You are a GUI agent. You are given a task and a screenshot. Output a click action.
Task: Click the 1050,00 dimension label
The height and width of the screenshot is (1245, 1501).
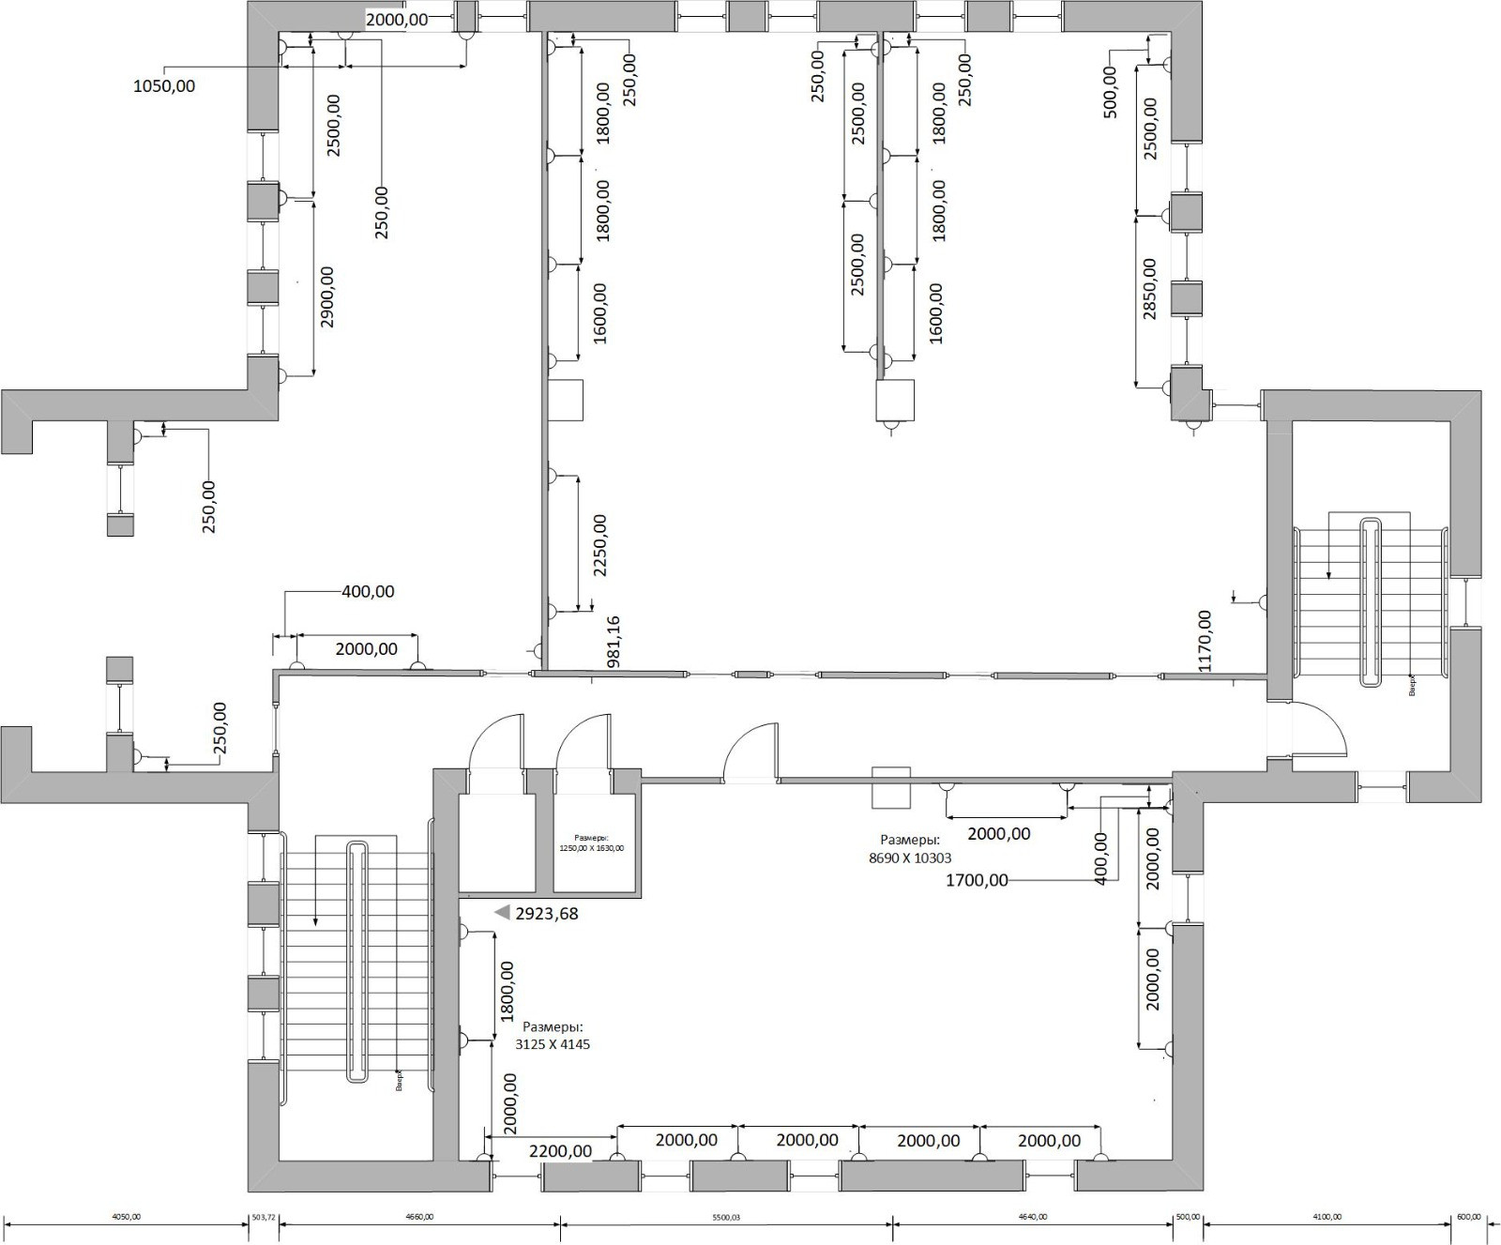tap(165, 86)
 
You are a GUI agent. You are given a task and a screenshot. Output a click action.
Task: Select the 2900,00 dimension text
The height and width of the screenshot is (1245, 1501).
tap(327, 296)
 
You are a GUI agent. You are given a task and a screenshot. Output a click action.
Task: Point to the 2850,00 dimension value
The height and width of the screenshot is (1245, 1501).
tap(1150, 289)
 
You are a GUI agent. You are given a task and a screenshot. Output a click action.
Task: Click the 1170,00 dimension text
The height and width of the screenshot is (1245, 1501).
tap(1205, 640)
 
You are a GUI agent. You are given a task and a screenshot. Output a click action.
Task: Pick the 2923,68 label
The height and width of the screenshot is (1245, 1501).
tap(547, 913)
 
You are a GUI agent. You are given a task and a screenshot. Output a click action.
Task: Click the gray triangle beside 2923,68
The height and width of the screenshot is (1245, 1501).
tap(502, 912)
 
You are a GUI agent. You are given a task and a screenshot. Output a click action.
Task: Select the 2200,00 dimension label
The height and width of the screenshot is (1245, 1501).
tap(560, 1151)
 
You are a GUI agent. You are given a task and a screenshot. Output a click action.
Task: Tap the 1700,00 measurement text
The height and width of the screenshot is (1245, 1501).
tap(977, 880)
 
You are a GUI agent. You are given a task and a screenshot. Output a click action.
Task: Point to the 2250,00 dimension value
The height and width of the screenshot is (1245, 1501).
tap(600, 545)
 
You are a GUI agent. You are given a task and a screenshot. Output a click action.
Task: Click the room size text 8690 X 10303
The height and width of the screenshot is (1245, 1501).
tap(910, 858)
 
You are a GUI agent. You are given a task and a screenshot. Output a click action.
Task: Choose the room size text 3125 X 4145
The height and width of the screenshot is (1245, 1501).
tap(553, 1043)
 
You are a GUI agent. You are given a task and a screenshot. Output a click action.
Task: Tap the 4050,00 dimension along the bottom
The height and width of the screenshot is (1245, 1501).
tap(126, 1217)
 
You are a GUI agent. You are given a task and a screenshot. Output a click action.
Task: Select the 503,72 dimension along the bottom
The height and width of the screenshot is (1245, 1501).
tap(265, 1217)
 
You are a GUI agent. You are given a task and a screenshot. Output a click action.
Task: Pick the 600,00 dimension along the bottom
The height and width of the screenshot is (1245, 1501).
tap(1468, 1217)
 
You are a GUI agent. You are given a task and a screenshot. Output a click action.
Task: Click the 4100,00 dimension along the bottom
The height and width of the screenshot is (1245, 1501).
tap(1327, 1217)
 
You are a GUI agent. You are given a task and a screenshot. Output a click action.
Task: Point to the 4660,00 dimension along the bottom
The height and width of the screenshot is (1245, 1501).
tap(419, 1217)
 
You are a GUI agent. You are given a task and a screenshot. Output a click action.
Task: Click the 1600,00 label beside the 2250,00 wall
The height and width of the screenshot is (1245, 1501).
tap(600, 313)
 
